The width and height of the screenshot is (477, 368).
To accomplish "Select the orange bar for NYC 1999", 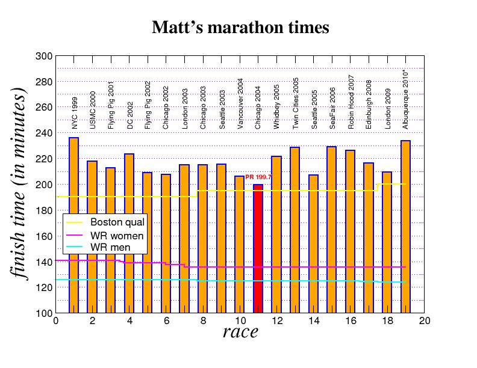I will click(73, 225).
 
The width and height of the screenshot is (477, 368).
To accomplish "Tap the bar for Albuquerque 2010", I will click(405, 227).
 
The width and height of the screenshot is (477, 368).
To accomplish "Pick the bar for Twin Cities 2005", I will click(295, 230).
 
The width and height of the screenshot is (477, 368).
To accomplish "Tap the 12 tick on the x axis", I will click(277, 320).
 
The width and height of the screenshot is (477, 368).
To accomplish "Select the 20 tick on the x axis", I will click(425, 320).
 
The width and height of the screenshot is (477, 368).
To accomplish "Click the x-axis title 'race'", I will click(240, 331).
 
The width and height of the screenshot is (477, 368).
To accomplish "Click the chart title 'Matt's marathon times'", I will click(240, 28).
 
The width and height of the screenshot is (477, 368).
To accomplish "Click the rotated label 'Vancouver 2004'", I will click(240, 104).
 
